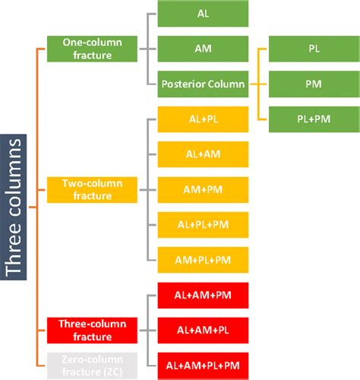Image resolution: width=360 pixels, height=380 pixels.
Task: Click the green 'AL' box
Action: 203,14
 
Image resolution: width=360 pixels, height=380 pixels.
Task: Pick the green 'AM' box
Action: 203,49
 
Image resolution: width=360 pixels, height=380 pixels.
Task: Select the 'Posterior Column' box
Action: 203,84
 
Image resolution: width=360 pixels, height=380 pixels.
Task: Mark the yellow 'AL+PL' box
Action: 203,119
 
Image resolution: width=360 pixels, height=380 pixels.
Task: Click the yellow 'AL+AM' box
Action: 203,154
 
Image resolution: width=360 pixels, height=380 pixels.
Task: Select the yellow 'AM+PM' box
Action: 203,189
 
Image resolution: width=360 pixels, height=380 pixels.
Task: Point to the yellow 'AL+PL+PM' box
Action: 203,224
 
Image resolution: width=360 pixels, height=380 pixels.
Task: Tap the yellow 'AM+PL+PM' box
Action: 203,259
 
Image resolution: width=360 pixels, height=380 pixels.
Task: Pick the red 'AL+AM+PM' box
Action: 203,294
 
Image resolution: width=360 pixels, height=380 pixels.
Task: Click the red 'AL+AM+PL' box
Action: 203,329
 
